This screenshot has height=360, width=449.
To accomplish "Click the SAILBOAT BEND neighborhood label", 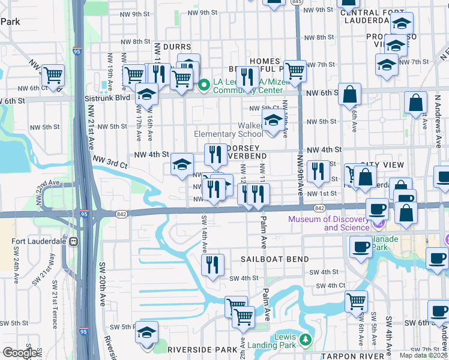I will (x=275, y=259).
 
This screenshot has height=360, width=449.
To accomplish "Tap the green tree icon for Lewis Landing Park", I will (x=306, y=341).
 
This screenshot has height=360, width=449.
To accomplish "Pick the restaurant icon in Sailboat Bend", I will (x=212, y=265).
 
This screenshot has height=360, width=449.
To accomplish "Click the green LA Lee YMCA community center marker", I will (x=203, y=85).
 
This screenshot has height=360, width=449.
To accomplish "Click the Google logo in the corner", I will (x=20, y=353).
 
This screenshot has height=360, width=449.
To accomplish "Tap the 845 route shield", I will (x=295, y=2).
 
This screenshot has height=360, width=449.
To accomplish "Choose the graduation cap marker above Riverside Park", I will (x=146, y=334).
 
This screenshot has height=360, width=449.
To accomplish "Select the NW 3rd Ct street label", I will (x=110, y=161).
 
